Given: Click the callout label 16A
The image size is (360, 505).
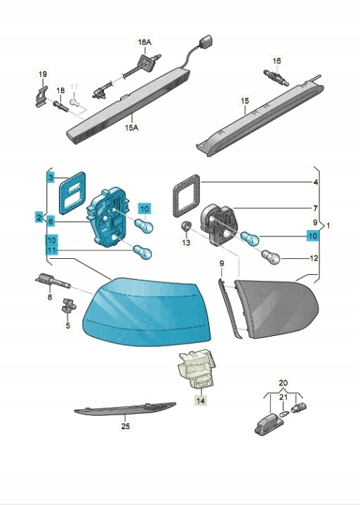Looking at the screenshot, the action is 145,42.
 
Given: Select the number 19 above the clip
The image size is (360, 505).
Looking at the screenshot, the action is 43,74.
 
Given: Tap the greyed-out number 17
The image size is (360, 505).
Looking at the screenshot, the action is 74,87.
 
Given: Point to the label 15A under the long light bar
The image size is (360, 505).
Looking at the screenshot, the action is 131,128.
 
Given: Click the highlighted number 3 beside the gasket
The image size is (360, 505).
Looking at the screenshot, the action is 51,177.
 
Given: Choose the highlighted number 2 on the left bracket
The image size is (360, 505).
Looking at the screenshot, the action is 39,217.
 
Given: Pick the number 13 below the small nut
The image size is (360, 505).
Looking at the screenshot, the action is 186,242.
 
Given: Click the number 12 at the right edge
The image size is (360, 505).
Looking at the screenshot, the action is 313,258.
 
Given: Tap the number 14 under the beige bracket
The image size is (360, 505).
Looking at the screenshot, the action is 201,400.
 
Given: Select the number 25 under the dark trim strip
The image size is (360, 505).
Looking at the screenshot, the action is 126,426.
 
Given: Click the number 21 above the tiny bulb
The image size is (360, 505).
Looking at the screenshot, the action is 283,398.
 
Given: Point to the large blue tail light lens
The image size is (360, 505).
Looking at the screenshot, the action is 147,311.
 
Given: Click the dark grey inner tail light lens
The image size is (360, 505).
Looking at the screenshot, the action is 277,309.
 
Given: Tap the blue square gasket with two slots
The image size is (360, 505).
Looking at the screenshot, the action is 73,192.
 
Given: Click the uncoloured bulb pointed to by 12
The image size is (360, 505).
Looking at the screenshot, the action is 271,257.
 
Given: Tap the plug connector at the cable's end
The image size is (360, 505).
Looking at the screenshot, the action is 206,41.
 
